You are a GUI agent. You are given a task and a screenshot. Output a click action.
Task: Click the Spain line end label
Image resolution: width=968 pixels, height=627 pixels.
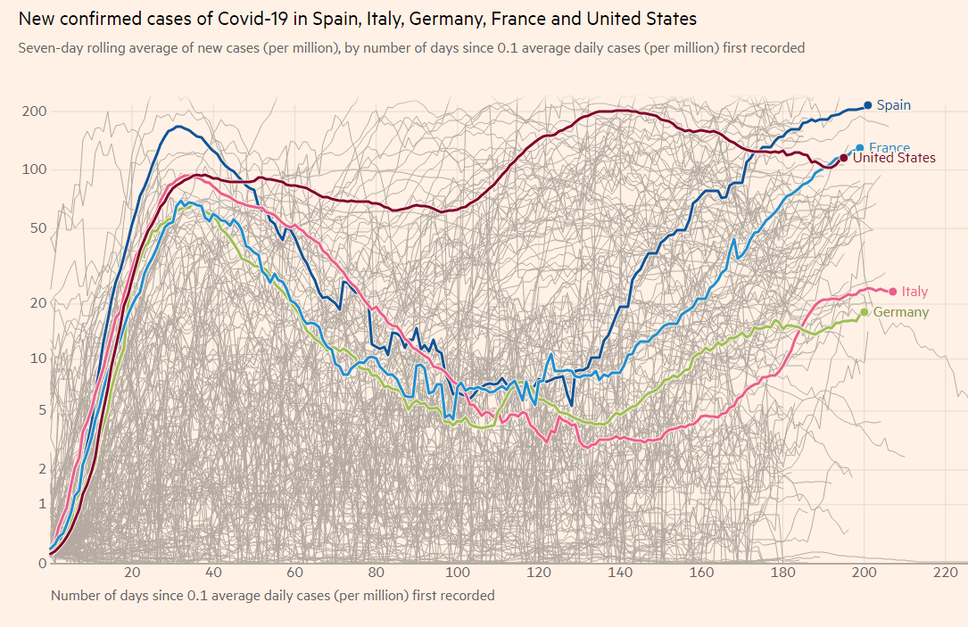point(893,105)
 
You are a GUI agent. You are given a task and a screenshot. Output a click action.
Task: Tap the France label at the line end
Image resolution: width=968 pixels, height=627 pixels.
point(889,148)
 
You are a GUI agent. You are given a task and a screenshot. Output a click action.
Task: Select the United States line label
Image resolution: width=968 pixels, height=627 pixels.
point(894,158)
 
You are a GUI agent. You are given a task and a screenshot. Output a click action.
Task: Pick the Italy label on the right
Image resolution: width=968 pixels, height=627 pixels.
point(914,291)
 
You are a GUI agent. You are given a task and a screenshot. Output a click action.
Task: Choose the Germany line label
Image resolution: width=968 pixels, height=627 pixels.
point(900,312)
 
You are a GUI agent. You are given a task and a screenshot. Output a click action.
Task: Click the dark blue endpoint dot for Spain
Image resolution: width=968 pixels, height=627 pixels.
point(867,105)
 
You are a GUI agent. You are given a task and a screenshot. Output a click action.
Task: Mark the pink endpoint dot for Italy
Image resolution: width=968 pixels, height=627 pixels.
point(892,291)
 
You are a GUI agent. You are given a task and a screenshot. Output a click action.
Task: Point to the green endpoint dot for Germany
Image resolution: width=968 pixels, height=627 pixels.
point(864,312)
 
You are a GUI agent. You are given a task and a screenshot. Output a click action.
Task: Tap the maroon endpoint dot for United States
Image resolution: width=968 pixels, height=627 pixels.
point(844,158)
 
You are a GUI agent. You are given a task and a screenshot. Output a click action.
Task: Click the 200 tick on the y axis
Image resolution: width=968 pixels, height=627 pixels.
point(35,111)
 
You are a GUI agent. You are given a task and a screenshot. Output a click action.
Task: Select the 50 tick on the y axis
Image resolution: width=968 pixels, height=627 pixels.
point(38,229)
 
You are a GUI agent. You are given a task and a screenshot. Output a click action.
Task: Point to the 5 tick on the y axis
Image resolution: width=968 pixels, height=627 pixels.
point(42,410)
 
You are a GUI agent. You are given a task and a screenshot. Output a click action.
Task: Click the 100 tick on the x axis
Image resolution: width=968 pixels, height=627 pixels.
point(458,573)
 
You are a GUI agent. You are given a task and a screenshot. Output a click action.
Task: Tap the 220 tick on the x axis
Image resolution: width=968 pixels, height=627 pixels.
point(945,573)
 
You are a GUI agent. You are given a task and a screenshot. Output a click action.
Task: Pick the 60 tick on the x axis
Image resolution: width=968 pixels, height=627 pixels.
point(295,573)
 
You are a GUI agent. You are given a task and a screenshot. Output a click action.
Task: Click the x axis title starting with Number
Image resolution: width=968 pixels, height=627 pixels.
point(272,595)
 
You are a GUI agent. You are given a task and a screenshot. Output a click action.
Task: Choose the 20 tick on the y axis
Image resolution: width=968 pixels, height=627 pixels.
point(38,303)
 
